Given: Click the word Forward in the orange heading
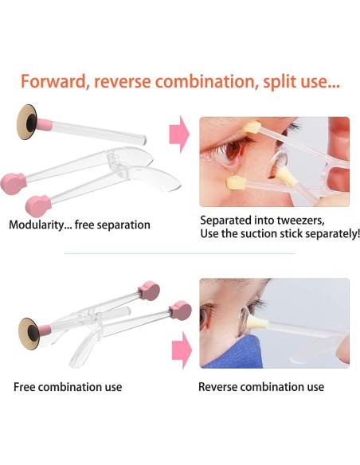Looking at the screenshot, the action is (53, 81).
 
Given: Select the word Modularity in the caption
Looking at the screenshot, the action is (37, 225).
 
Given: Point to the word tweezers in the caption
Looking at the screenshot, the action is (301, 221).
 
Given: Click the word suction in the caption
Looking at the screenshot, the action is (258, 233).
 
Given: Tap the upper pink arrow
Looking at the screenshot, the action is (179, 135).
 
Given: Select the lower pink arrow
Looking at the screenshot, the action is (182, 350).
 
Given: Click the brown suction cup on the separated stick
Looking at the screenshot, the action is (27, 122).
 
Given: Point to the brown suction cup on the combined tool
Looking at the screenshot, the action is (29, 334).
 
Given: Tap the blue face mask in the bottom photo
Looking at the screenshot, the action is (234, 353).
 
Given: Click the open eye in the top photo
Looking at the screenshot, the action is (230, 151).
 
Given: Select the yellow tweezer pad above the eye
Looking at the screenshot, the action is (252, 127).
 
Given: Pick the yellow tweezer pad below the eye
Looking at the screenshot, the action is (236, 182).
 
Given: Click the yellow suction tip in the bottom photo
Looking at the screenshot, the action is (257, 322).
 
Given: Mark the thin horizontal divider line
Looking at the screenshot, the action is (180, 253).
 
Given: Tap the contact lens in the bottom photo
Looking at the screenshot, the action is (244, 322).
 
